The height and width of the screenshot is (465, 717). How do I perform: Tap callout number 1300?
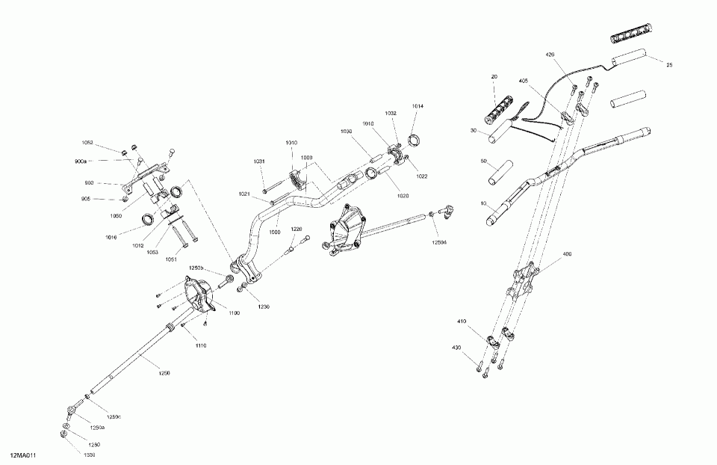coord(89,454)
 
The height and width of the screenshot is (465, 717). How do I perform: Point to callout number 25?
coord(669,65)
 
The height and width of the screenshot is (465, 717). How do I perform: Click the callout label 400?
coord(567,255)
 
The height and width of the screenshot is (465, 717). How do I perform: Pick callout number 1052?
coord(88,142)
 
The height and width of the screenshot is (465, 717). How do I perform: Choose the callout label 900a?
coord(81,161)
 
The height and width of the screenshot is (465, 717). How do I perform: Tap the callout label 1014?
coord(418,106)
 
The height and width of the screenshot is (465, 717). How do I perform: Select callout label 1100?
coord(234,312)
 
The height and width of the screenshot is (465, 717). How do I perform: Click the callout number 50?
coord(483,161)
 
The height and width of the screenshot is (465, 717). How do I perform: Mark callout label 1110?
coord(201,345)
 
